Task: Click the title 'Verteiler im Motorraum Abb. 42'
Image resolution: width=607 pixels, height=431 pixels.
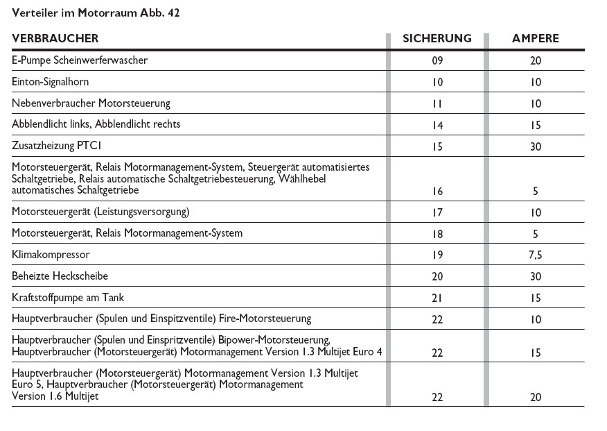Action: click(98, 12)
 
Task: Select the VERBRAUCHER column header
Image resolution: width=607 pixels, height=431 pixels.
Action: click(55, 38)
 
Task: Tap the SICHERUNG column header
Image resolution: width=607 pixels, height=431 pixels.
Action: click(437, 38)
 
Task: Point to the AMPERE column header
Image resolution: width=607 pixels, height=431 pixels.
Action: click(535, 38)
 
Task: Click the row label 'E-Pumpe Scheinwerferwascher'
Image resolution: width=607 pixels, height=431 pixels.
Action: click(80, 60)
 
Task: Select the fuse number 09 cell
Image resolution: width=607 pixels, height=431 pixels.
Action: click(437, 60)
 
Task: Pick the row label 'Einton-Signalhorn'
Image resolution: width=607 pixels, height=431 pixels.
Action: click(51, 82)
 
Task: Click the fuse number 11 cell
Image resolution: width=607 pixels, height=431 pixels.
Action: click(437, 103)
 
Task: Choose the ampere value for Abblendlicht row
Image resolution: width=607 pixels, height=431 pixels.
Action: click(535, 125)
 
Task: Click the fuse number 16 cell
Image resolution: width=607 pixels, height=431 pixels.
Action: click(437, 190)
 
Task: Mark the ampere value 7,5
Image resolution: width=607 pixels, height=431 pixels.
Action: click(535, 255)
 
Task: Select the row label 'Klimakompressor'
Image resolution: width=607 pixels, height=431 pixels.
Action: click(51, 255)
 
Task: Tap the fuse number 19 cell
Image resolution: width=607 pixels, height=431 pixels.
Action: click(437, 255)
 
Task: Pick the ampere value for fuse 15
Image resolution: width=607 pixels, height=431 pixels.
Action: click(535, 146)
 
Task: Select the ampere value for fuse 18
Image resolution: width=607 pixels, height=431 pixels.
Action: click(535, 233)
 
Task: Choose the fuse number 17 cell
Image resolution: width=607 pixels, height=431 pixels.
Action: click(437, 212)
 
